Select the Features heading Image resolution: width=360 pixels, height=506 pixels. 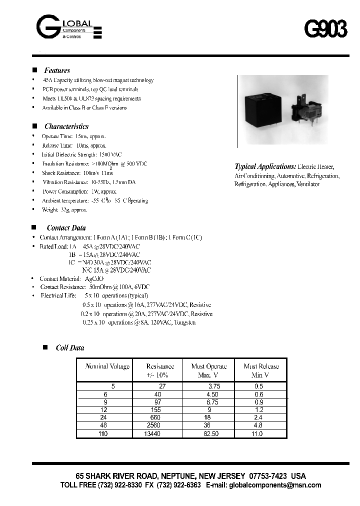click(57, 70)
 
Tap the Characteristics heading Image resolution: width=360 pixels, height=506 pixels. click(66, 126)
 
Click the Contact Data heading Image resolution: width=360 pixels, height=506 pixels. click(66, 228)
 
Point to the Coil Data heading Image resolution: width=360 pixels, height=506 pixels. click(69, 348)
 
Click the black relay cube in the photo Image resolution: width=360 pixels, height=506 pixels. click(267, 108)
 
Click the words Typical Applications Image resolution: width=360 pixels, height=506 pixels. click(265, 166)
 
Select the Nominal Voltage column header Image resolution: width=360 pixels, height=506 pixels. click(107, 366)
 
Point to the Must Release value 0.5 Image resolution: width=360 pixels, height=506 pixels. click(258, 386)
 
